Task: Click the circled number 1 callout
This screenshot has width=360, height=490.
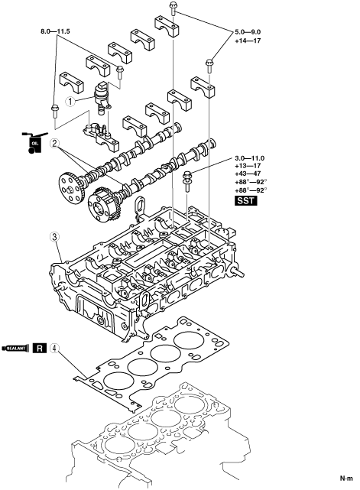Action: click(x=70, y=101)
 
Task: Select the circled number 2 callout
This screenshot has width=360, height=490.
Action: click(x=55, y=144)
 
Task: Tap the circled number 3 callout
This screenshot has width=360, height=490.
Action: click(x=55, y=237)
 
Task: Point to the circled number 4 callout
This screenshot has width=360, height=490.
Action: click(x=55, y=348)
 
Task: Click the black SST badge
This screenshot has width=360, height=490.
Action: click(x=246, y=200)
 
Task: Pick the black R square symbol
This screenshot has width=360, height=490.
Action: click(x=40, y=348)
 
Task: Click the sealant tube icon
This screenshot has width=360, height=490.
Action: click(x=15, y=348)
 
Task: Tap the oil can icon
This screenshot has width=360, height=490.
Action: click(x=34, y=143)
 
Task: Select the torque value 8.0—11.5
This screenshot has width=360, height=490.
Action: click(x=55, y=31)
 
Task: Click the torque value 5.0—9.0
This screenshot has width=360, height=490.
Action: click(x=248, y=32)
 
